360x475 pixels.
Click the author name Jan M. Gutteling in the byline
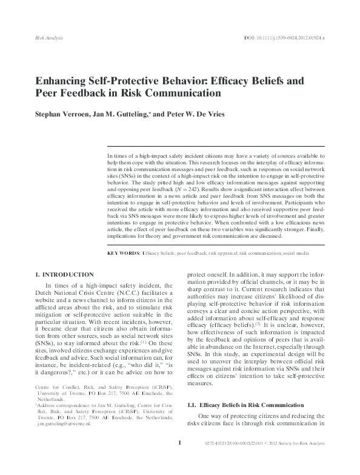pyautogui.click(x=128, y=113)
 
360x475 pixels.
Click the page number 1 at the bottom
pyautogui.click(x=180, y=460)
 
